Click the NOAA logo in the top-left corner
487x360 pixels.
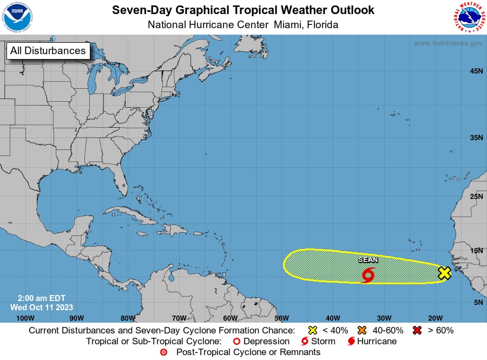point(17,17)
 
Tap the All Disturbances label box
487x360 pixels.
point(48,51)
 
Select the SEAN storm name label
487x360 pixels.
point(368,260)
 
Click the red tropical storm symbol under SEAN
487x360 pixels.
point(368,275)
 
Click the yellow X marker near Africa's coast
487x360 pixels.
point(444,273)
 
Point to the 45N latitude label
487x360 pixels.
point(476,71)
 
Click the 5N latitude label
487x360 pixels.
point(478,303)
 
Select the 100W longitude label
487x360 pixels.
point(25,318)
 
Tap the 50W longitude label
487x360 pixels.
point(281,318)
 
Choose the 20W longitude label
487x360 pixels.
point(436,318)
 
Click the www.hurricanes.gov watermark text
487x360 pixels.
point(448,43)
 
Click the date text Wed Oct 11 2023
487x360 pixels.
point(42,307)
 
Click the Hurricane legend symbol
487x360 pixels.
point(351,342)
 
